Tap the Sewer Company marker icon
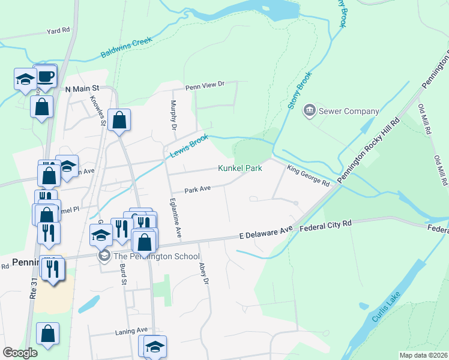310,110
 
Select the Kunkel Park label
240,169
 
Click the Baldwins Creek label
127,47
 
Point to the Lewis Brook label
189,146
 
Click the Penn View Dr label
204,85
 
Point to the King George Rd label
308,175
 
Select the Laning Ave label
131,330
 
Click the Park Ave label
197,189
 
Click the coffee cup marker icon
46,77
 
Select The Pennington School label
156,257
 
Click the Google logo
20,353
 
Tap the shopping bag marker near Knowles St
119,120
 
